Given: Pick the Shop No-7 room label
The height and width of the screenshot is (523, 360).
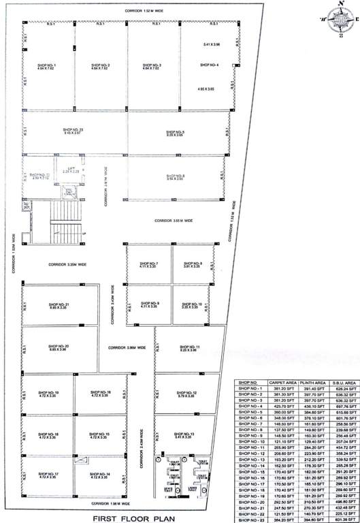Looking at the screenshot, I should (148, 265).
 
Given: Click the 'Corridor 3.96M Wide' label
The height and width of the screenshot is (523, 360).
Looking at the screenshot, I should (127, 348).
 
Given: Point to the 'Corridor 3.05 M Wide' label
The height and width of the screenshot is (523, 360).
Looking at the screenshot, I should (174, 221).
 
